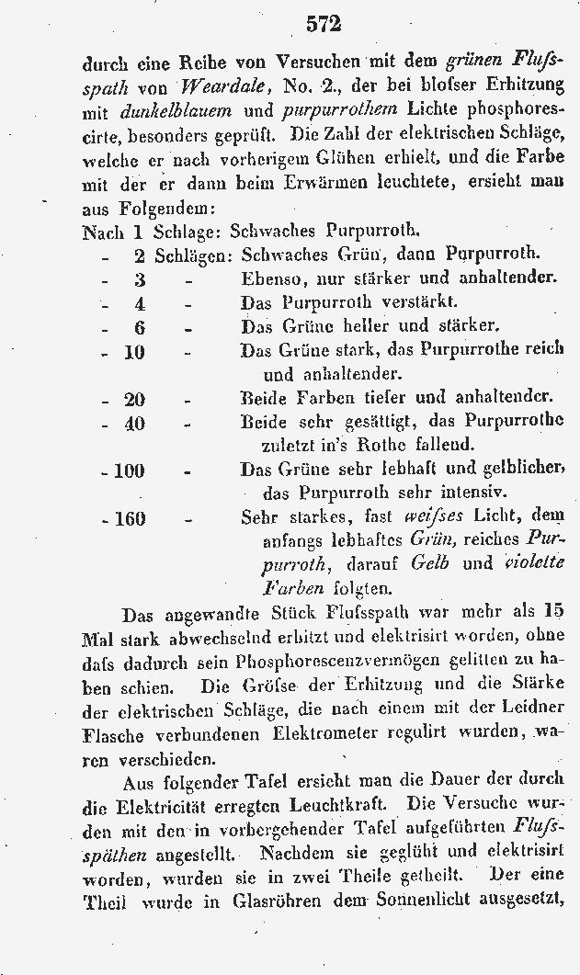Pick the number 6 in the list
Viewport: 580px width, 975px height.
click(x=140, y=327)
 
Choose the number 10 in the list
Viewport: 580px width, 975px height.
click(x=134, y=351)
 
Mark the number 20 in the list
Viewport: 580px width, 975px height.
click(x=134, y=399)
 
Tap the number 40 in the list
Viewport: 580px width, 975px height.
click(x=134, y=423)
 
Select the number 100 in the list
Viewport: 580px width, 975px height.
click(x=129, y=470)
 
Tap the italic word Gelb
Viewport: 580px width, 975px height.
click(x=429, y=563)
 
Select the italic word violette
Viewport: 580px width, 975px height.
click(x=535, y=563)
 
